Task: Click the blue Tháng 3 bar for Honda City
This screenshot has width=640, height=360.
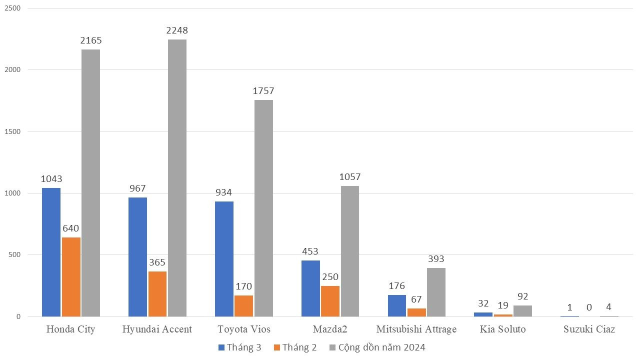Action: pyautogui.click(x=51, y=252)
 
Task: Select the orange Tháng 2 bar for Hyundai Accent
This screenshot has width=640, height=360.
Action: pyautogui.click(x=157, y=294)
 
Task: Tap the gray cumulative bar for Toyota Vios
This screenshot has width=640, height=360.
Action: pyautogui.click(x=263, y=208)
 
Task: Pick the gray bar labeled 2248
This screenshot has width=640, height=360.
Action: pyautogui.click(x=177, y=178)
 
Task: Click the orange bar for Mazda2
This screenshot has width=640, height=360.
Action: pyautogui.click(x=330, y=301)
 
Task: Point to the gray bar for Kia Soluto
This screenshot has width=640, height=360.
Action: pyautogui.click(x=522, y=311)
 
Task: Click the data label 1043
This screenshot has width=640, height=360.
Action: pyautogui.click(x=51, y=179)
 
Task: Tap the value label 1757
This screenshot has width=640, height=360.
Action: pyautogui.click(x=263, y=91)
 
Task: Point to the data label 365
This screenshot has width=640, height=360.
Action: pyautogui.click(x=157, y=262)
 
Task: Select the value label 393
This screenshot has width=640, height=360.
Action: pyautogui.click(x=436, y=259)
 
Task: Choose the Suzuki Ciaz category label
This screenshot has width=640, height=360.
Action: pyautogui.click(x=589, y=329)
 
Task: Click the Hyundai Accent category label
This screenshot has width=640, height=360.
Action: pyautogui.click(x=157, y=329)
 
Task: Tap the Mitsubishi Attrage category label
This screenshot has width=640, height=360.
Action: pyautogui.click(x=416, y=329)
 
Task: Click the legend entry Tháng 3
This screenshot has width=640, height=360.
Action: pyautogui.click(x=239, y=347)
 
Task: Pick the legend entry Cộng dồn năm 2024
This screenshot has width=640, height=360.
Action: pyautogui.click(x=376, y=347)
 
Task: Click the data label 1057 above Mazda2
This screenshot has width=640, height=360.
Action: pyautogui.click(x=350, y=177)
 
